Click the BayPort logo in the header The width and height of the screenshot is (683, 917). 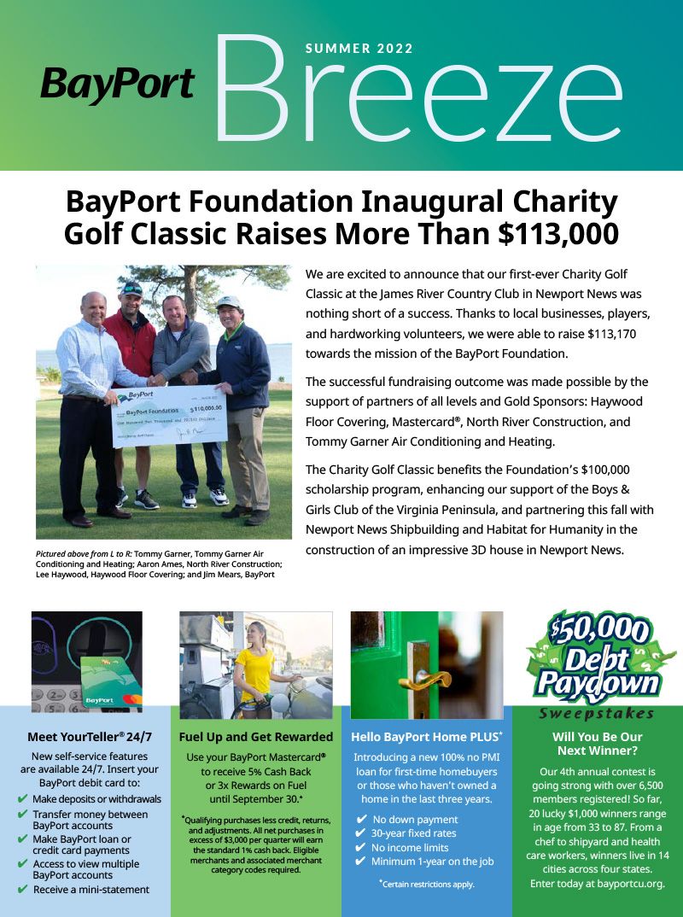pos(117,85)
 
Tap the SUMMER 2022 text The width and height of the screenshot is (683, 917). pos(359,49)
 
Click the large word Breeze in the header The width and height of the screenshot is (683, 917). pos(418,90)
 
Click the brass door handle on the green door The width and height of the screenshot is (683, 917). pos(429,680)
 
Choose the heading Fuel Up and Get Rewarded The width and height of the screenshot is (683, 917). pos(256,737)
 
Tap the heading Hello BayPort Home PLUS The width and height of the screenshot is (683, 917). pos(427,737)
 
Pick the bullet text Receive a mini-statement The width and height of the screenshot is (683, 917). pos(91,890)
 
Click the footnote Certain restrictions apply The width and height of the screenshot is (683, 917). pos(427,884)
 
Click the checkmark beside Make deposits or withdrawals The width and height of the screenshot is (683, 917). pos(23,799)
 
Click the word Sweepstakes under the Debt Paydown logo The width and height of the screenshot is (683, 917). pos(597,714)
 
